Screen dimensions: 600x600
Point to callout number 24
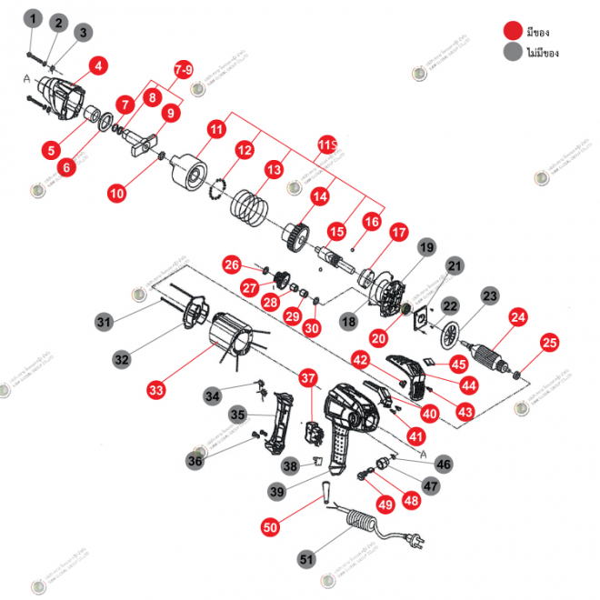coord(518,317)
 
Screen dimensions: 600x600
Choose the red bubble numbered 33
coord(156,390)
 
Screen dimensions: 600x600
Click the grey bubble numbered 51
coord(306,557)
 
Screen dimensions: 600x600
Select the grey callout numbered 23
coord(490,295)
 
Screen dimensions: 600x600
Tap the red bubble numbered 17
coord(398,232)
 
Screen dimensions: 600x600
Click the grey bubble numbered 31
coord(105,321)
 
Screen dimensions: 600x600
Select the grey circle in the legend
coord(515,53)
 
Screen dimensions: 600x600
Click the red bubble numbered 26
coord(233,265)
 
